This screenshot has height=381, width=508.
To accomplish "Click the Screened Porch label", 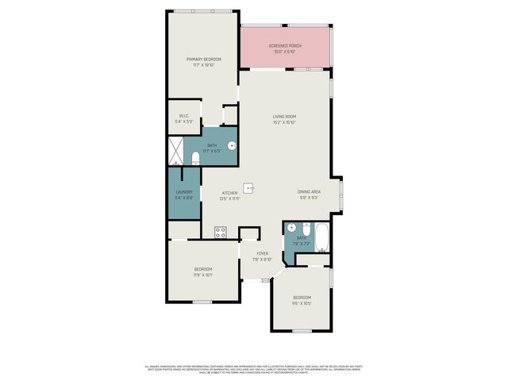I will pos(285,46).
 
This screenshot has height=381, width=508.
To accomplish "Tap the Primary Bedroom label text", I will pos(203,60).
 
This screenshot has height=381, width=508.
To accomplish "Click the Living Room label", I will pos(285,117).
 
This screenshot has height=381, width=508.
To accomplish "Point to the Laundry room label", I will pos(183,192).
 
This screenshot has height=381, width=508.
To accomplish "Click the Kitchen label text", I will pos(230,193).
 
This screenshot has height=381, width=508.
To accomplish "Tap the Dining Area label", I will pos(309,192).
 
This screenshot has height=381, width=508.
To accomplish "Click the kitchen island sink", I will pos(248,188).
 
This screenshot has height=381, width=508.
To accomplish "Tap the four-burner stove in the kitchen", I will pos(220,232).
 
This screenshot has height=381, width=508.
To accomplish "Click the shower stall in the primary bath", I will pos(175,150).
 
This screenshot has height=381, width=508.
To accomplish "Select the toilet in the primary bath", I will pos(195,156).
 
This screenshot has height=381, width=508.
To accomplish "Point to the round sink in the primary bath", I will pos(231,145).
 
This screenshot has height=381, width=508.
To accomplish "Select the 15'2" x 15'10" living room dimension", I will pos(285,122).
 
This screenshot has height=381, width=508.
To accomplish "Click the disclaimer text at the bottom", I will pos(253,369).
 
